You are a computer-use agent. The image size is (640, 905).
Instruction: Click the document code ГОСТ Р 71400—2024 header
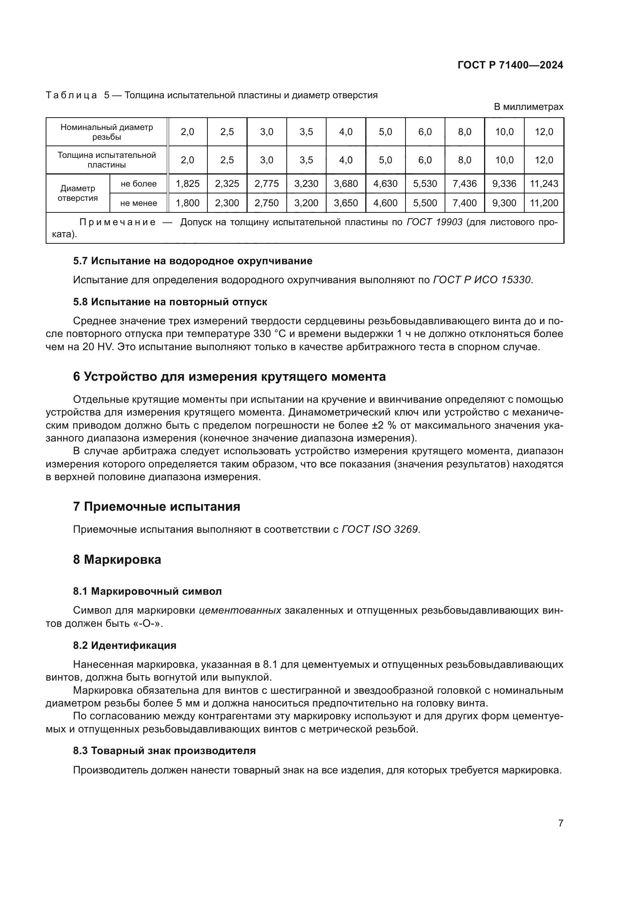coord(510,65)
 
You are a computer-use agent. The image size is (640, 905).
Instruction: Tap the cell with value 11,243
coord(543,184)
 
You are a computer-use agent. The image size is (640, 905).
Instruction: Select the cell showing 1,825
coord(188,184)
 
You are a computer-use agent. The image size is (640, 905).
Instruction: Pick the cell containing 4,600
coord(385,203)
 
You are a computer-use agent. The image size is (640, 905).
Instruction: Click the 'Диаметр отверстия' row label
coord(78,193)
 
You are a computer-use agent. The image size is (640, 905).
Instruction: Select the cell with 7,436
coord(464,184)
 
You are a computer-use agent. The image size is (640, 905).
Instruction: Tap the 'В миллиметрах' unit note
coord(528,107)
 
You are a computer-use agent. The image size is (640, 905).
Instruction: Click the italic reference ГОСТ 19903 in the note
coord(434,222)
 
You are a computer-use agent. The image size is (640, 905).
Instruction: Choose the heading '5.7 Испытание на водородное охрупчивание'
coord(192,261)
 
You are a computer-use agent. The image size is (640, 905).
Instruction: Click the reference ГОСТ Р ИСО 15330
coord(482,280)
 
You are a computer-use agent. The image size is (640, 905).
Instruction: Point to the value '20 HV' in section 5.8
coord(98,347)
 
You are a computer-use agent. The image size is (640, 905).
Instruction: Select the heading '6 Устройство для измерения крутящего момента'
coord(229,377)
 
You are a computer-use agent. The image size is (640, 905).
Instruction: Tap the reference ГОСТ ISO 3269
coord(379,529)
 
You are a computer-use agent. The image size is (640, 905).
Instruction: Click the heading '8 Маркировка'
coord(116,560)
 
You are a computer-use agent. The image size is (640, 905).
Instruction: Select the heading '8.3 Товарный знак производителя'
coord(164,751)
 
